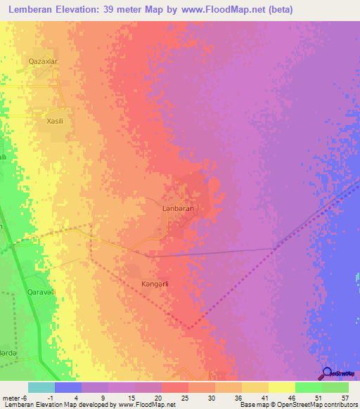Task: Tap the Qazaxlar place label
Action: (43, 62)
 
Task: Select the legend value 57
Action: (345, 397)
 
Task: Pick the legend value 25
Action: (184, 397)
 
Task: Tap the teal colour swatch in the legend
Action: (41, 387)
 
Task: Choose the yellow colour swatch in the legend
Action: (282, 387)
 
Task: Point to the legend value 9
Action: (104, 397)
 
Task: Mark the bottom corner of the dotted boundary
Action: (188, 327)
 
